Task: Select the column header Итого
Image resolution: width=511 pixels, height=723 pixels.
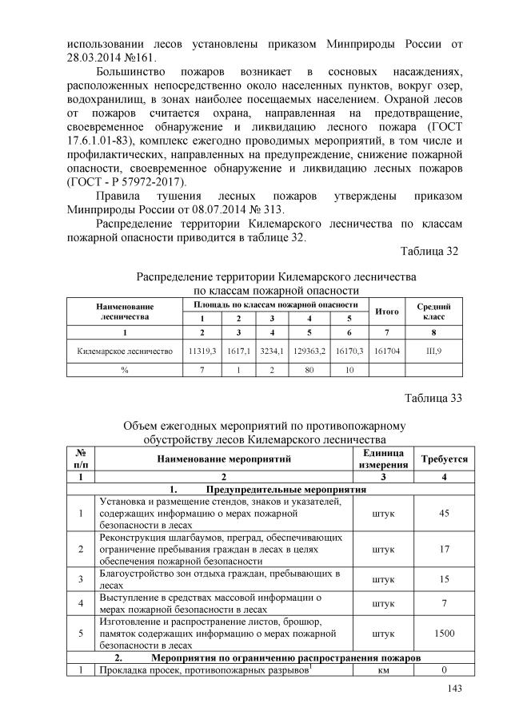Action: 387,312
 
